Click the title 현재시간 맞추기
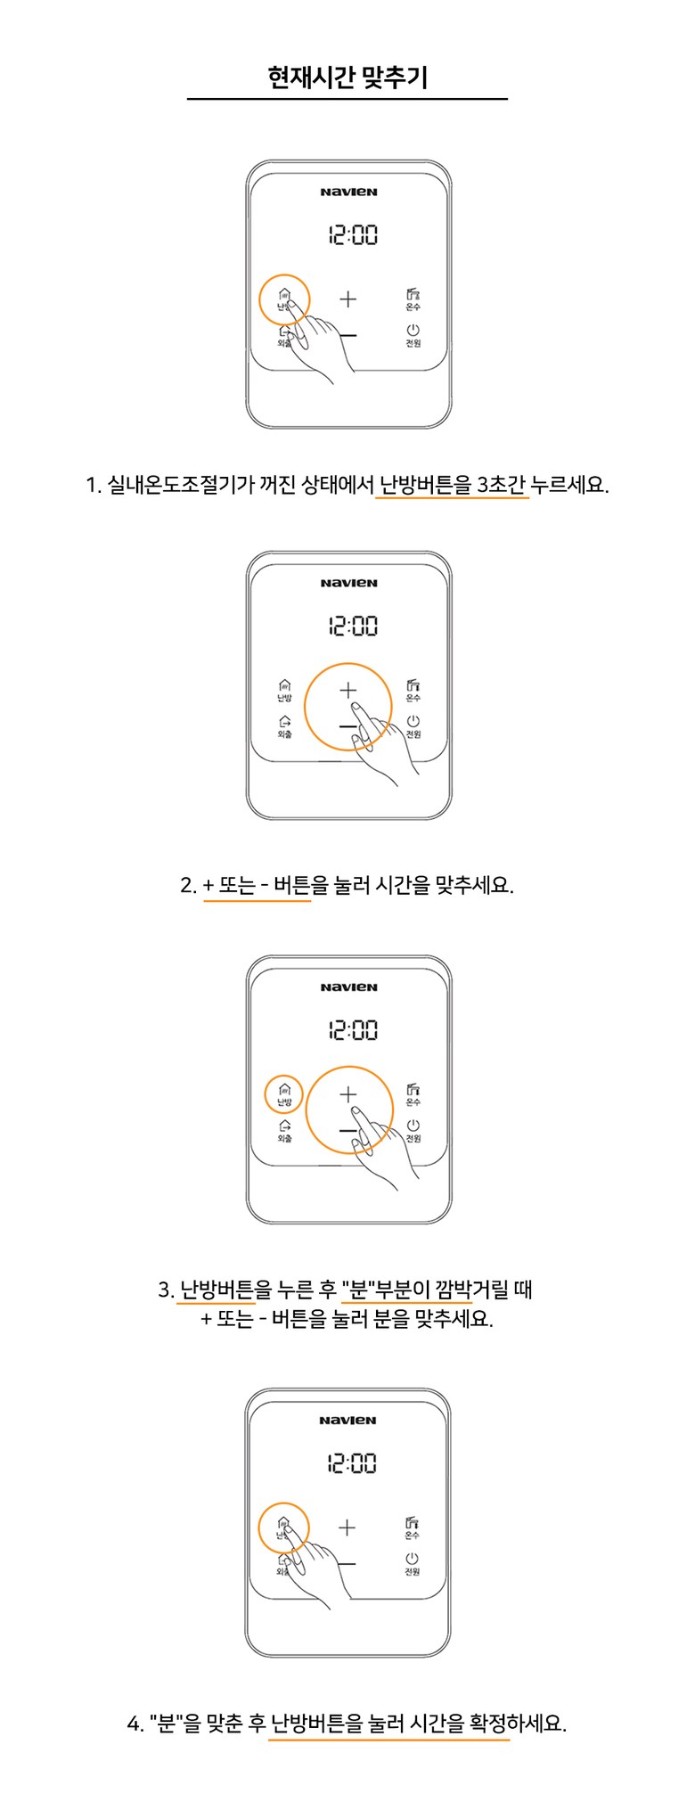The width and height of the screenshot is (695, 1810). (347, 78)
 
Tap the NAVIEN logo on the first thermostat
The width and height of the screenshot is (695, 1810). (348, 192)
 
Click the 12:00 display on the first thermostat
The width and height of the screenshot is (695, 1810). (353, 235)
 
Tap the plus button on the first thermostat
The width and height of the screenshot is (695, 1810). (347, 299)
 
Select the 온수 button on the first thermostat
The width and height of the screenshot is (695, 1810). (413, 299)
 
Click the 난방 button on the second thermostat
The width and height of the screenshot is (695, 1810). (283, 691)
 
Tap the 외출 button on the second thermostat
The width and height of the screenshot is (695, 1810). (284, 727)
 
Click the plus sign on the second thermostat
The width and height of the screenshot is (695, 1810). (347, 690)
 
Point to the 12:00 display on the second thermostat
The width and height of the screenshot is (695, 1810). (353, 626)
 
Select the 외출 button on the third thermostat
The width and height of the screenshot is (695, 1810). (284, 1131)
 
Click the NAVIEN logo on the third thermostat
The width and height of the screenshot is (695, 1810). (348, 987)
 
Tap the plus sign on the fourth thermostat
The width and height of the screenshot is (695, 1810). (347, 1527)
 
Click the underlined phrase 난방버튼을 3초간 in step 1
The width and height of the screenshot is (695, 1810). (453, 486)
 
